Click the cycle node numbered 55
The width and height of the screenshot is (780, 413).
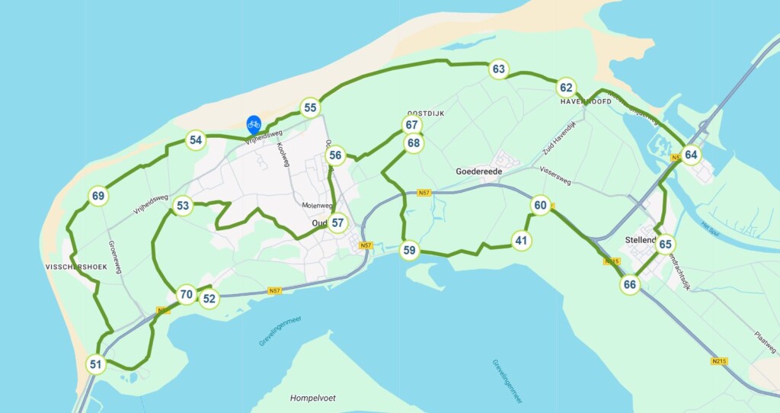309,107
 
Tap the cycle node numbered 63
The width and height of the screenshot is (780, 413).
498,69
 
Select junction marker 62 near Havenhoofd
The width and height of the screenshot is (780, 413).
565,87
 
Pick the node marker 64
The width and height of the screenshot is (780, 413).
690,155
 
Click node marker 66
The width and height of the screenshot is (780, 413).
629,285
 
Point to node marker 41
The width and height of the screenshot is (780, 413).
521,241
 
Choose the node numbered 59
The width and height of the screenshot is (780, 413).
410,250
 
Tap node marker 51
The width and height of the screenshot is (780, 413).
95,364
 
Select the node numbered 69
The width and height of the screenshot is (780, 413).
97,196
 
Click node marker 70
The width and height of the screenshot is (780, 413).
186,295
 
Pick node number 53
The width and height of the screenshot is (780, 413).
183,205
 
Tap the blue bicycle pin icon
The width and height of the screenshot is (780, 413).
254,124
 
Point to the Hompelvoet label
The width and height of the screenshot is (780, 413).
312,398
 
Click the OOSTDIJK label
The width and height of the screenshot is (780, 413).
425,114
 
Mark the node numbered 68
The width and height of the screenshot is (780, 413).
413,142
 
